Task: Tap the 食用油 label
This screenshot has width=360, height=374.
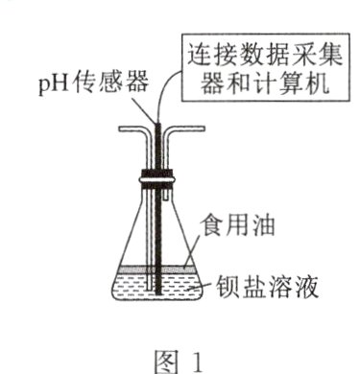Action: click(228, 230)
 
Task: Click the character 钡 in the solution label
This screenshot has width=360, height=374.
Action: click(232, 285)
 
